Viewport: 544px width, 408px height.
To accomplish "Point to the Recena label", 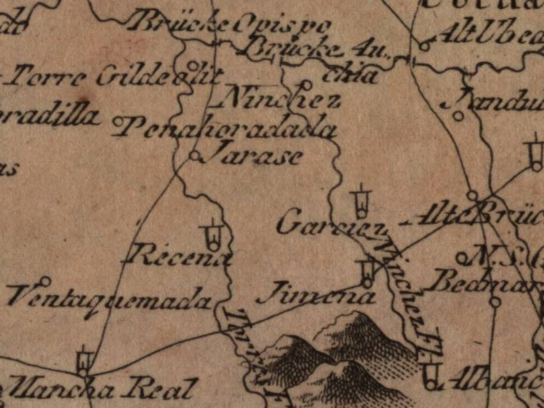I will (x=180, y=256).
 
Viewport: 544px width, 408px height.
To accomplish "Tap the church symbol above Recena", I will (x=214, y=234).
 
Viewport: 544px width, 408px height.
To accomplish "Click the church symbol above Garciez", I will (x=360, y=201).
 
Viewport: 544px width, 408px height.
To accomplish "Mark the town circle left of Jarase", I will (x=194, y=156).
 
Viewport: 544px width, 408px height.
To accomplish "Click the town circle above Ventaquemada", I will (x=46, y=280).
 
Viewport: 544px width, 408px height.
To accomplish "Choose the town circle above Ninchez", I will (x=305, y=84).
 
